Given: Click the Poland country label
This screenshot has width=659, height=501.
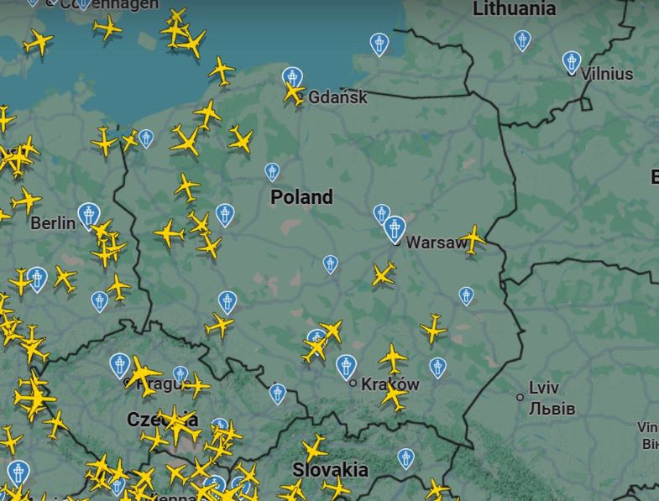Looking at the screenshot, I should pyautogui.click(x=301, y=197).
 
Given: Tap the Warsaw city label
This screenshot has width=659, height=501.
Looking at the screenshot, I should pyautogui.click(x=436, y=243).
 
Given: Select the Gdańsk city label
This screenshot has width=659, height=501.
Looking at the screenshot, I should pyautogui.click(x=337, y=97).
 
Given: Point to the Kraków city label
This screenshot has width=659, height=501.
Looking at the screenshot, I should pyautogui.click(x=390, y=384).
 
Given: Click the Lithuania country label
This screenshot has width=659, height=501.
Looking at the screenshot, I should pyautogui.click(x=514, y=9).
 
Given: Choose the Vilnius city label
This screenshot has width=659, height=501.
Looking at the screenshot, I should pyautogui.click(x=606, y=74).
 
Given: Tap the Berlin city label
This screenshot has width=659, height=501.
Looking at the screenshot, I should pyautogui.click(x=52, y=223).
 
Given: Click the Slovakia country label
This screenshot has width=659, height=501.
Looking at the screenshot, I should pyautogui.click(x=330, y=469).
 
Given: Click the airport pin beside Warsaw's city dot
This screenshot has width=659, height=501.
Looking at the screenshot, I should pyautogui.click(x=395, y=227).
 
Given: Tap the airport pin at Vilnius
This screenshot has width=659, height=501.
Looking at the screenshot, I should pyautogui.click(x=572, y=60).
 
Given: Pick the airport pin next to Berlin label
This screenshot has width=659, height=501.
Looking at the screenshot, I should pyautogui.click(x=88, y=215).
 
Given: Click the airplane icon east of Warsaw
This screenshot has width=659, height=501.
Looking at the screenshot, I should pyautogui.click(x=473, y=238).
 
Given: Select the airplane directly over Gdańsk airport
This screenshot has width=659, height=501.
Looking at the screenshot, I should pyautogui.click(x=293, y=91).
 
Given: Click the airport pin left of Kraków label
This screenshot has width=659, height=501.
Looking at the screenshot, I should pyautogui.click(x=346, y=366).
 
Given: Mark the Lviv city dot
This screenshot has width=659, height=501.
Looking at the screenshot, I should pyautogui.click(x=520, y=396).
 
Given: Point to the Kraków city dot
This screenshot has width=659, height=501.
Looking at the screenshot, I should pyautogui.click(x=353, y=384).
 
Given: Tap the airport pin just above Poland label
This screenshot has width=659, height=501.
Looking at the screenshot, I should pyautogui.click(x=272, y=172).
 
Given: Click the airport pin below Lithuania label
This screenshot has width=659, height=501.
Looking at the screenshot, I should pyautogui.click(x=522, y=39).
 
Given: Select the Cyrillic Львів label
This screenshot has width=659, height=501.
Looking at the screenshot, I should pyautogui.click(x=552, y=409).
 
